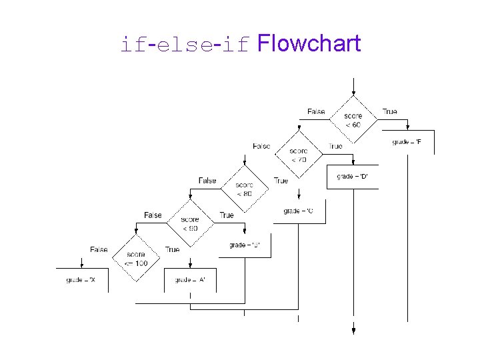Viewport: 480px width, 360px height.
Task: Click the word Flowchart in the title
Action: pyautogui.click(x=308, y=44)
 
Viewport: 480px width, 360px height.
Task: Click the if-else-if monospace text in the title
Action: pyautogui.click(x=185, y=45)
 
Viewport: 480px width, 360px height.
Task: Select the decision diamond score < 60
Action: pyautogui.click(x=353, y=120)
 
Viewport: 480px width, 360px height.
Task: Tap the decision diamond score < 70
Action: pyautogui.click(x=299, y=155)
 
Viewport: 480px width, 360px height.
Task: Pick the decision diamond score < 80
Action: pyautogui.click(x=244, y=189)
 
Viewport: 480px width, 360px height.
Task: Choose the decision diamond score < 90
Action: pyautogui.click(x=189, y=224)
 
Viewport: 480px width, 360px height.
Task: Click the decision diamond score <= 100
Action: pyautogui.click(x=135, y=259)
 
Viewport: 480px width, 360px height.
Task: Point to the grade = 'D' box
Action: pyautogui.click(x=353, y=177)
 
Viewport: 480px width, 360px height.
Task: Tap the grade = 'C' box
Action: pyautogui.click(x=298, y=211)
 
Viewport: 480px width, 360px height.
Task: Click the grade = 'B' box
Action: pyautogui.click(x=244, y=245)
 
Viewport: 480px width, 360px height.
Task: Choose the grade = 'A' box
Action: pyautogui.click(x=190, y=280)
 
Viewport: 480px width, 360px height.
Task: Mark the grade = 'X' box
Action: pyautogui.click(x=81, y=280)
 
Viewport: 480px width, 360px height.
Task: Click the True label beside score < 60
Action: pyautogui.click(x=389, y=111)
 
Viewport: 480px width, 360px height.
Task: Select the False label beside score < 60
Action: pyautogui.click(x=316, y=111)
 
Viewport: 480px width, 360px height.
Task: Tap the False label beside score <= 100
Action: pyautogui.click(x=99, y=250)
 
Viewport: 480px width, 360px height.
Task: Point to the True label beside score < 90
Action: pyautogui.click(x=227, y=215)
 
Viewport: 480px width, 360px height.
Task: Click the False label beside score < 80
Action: pyautogui.click(x=207, y=181)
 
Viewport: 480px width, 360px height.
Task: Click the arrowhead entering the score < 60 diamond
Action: pyautogui.click(x=353, y=93)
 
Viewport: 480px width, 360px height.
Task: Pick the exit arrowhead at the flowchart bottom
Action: pyautogui.click(x=353, y=329)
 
